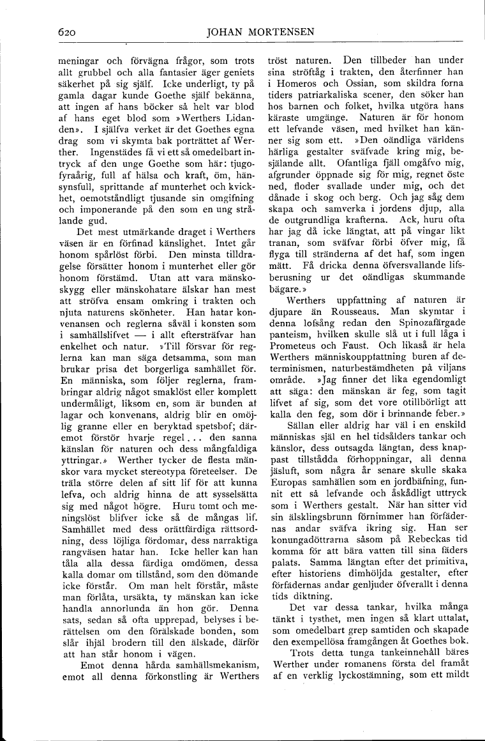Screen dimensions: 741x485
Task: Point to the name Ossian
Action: coord(348,83)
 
